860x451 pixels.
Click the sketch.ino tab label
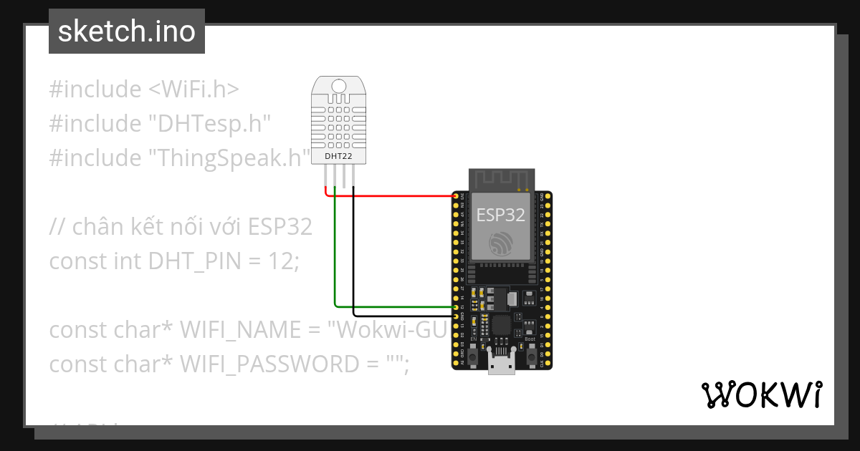[x=127, y=31]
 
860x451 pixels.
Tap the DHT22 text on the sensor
[x=339, y=156]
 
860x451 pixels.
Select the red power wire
[x=394, y=195]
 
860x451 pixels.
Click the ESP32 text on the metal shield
[x=500, y=214]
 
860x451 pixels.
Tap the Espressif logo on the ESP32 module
[x=500, y=243]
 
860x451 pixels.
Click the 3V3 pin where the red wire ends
[x=455, y=195]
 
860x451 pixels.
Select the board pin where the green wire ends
[x=455, y=306]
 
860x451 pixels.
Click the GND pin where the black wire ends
[x=455, y=316]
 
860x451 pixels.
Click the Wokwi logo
[x=761, y=394]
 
